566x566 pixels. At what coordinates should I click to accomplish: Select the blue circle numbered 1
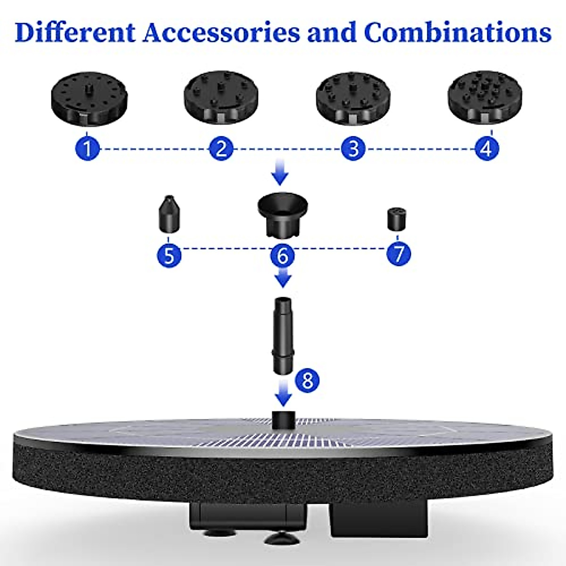[87, 149]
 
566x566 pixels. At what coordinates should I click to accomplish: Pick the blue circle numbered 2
[221, 149]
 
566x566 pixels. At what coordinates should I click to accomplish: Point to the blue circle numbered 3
[354, 149]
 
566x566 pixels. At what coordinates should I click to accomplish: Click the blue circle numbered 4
[486, 149]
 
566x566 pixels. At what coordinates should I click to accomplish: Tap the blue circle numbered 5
[169, 255]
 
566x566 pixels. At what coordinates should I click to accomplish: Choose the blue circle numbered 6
[282, 255]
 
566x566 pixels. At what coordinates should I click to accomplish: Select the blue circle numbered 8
[308, 380]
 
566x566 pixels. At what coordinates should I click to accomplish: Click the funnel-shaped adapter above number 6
[283, 214]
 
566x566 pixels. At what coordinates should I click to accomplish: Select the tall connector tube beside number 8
[283, 334]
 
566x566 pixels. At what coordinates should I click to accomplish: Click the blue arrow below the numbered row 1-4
[281, 173]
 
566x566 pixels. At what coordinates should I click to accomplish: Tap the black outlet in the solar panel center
[283, 420]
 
